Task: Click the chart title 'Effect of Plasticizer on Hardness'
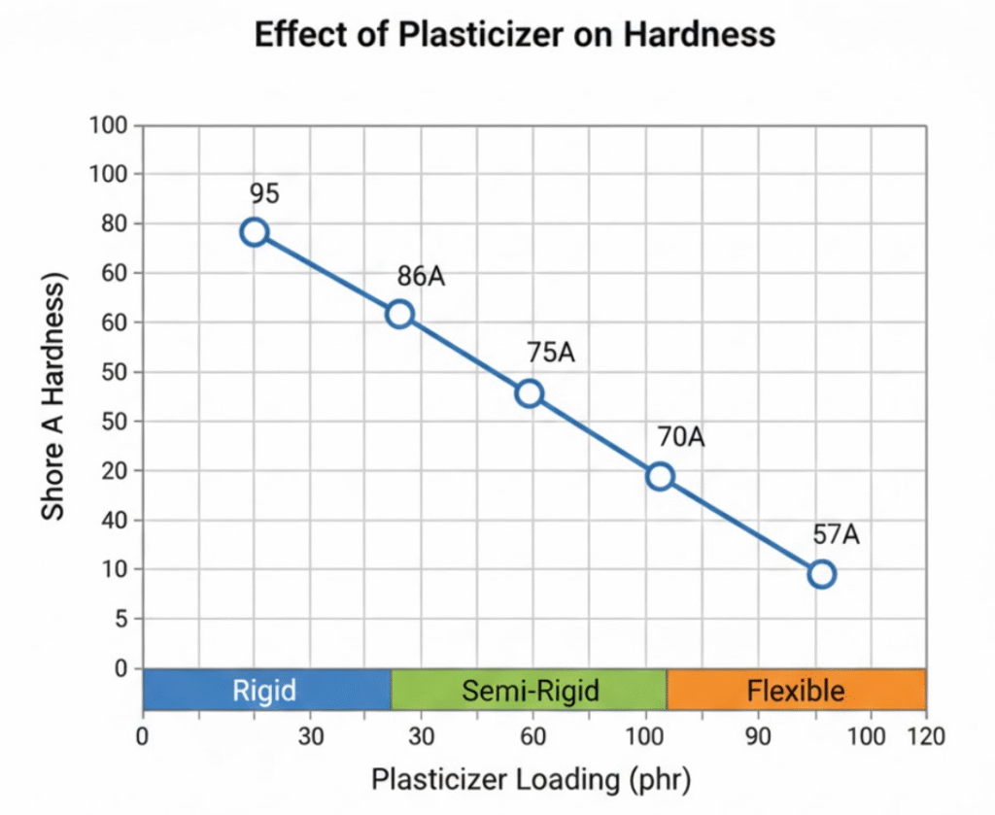514,35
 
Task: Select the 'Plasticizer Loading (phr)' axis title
531,780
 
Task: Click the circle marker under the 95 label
255,231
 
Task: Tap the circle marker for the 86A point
399,314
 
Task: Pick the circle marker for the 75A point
530,393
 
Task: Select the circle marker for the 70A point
661,476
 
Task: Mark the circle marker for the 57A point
822,574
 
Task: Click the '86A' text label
421,277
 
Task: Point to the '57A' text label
838,534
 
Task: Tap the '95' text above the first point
263,193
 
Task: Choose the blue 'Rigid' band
265,691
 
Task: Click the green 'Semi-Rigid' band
530,691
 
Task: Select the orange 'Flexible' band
796,691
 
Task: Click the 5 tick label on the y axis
121,619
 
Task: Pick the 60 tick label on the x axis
532,735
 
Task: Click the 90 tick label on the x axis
758,735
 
